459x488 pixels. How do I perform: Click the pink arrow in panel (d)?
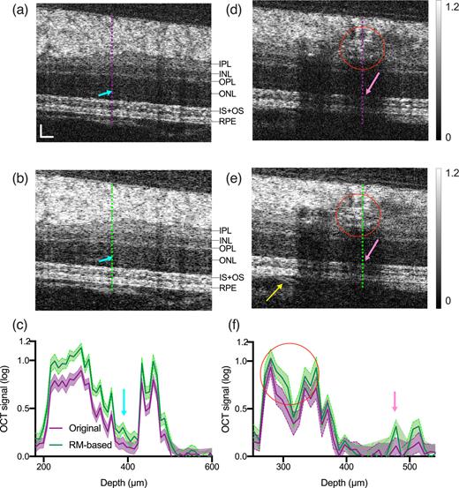pos(372,86)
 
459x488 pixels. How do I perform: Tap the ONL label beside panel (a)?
pos(227,93)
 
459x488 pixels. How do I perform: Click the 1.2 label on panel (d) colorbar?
pos(447,6)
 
